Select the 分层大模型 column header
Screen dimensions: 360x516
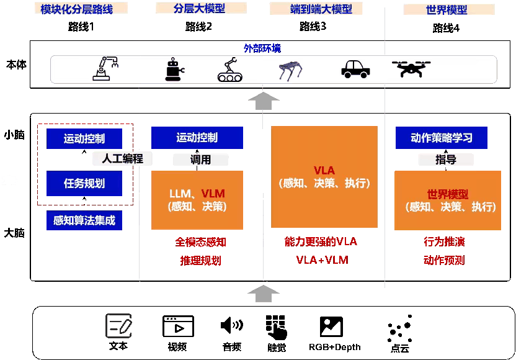coord(200,8)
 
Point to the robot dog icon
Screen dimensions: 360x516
coord(290,70)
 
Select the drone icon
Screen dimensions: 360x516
coord(412,68)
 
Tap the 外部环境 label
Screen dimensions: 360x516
coord(262,48)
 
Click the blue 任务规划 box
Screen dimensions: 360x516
coord(84,184)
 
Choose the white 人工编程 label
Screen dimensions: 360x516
coord(122,159)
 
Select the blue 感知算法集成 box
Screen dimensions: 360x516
coord(84,220)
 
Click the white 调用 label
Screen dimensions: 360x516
coord(200,160)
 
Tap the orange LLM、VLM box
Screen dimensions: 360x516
coord(197,200)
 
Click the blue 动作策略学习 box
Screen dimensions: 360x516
coord(442,138)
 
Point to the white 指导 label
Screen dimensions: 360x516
coord(446,160)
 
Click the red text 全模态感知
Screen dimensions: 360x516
coord(200,242)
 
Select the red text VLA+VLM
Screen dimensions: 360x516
coord(322,260)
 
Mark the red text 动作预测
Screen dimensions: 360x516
coord(444,260)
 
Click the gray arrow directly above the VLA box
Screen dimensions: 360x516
coord(264,101)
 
